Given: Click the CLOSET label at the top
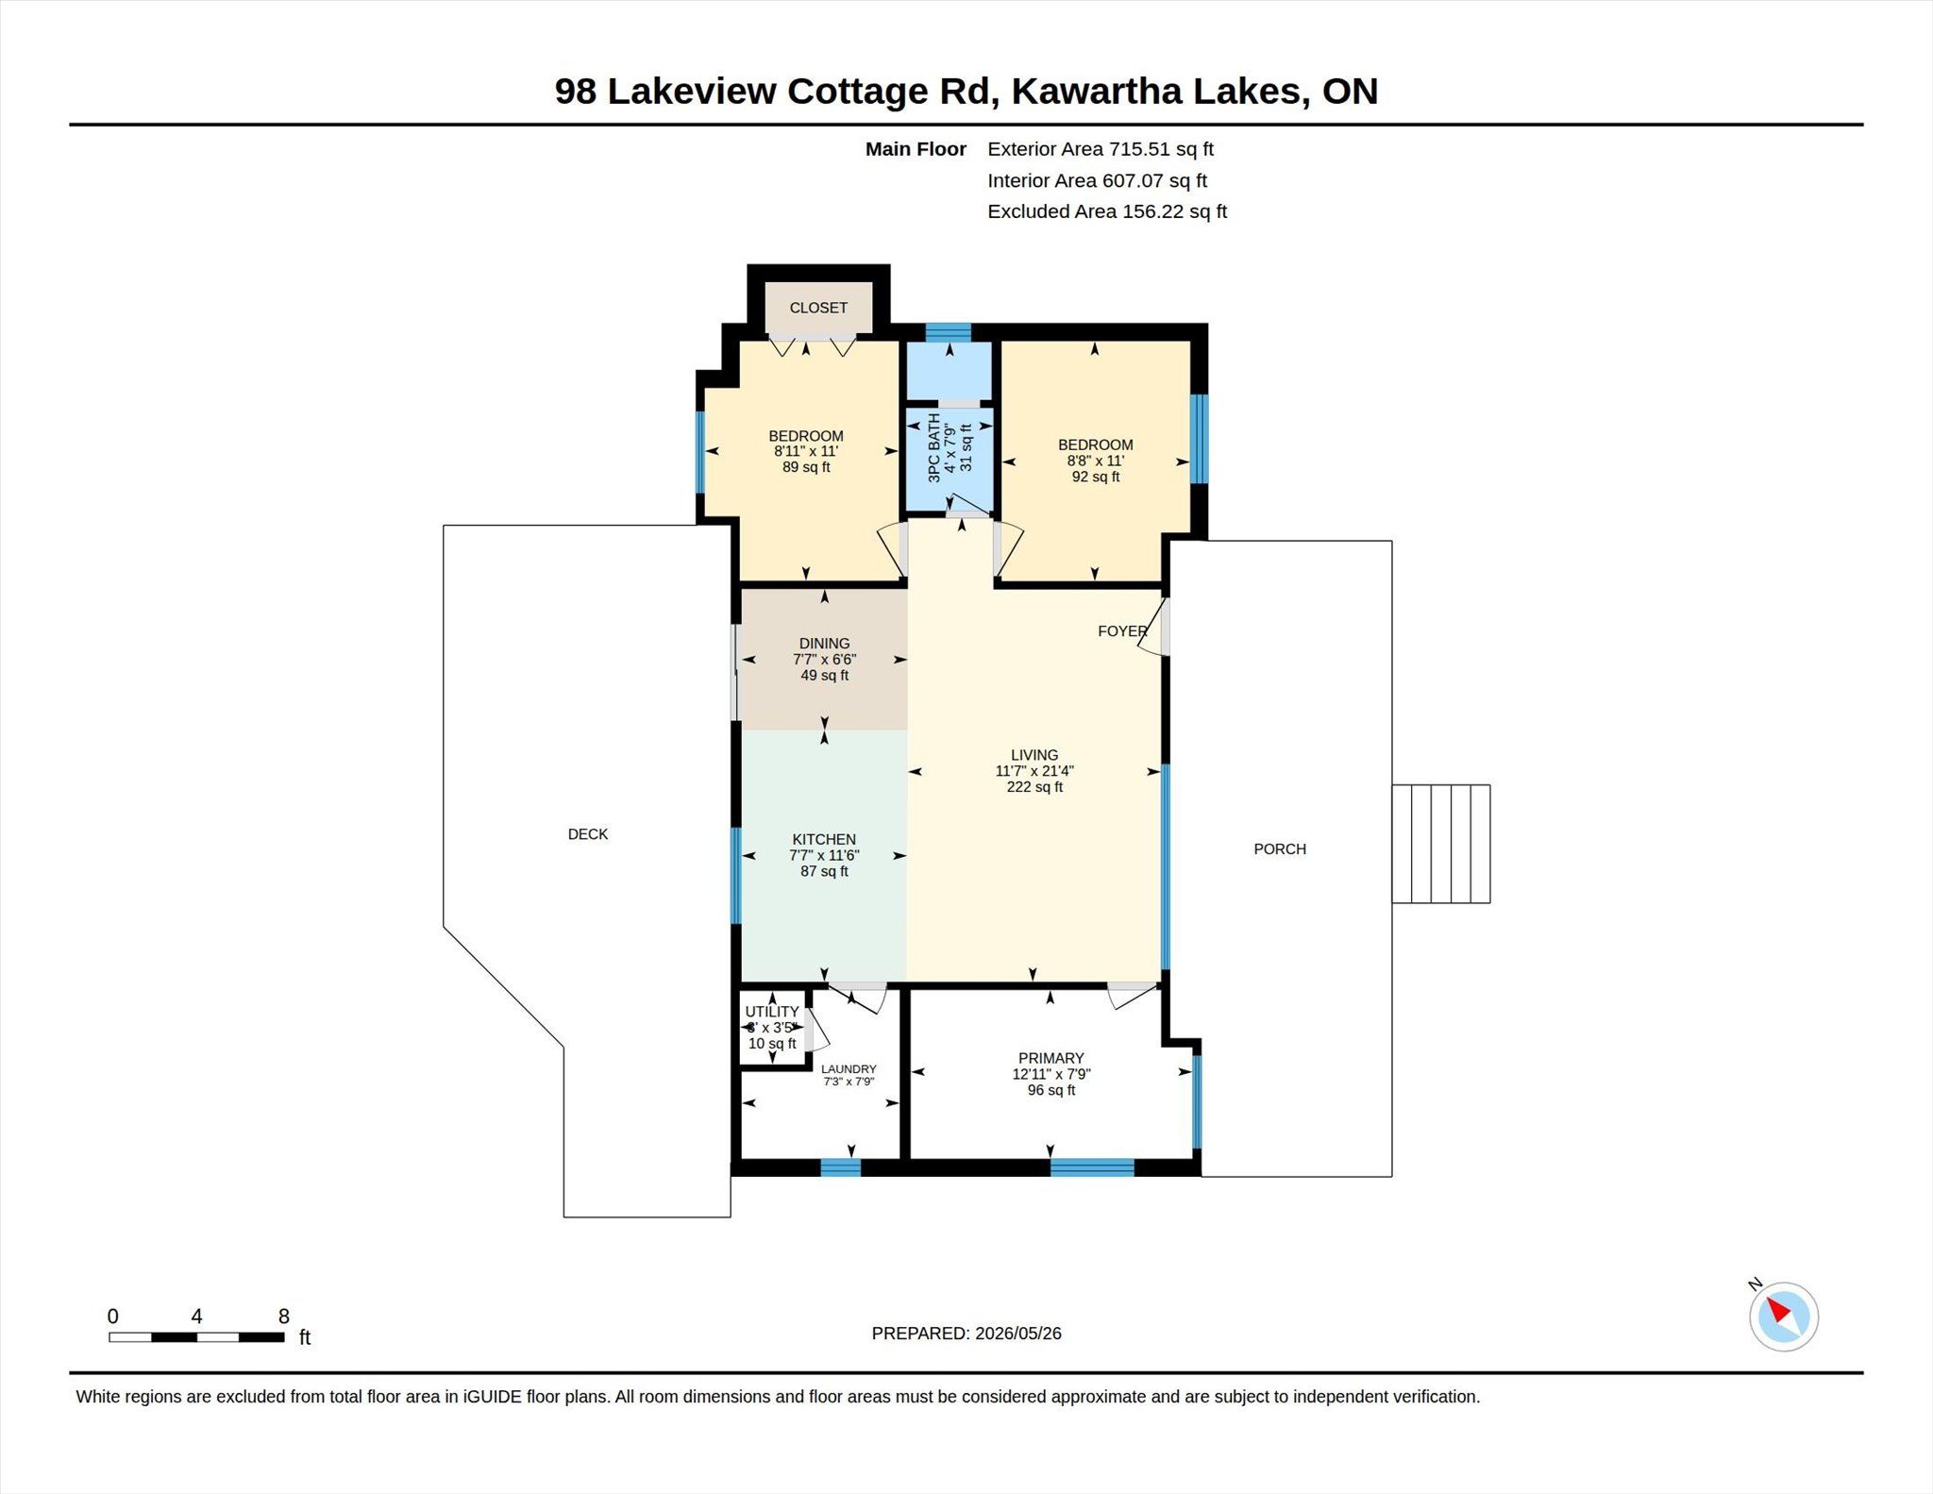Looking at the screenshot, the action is [818, 308].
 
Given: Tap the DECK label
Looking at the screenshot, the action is [588, 834].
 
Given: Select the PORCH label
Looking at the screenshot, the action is [1280, 849].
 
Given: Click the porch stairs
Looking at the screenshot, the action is [1441, 844].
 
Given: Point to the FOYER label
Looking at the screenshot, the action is [1122, 631].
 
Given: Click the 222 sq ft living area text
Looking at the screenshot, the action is [1034, 787].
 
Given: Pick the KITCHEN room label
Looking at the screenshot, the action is [824, 840].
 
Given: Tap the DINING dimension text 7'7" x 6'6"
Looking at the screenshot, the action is [824, 660].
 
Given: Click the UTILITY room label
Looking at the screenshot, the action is [772, 1012].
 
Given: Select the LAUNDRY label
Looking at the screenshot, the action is [849, 1069].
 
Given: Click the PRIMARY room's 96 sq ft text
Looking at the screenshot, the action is [1051, 1090].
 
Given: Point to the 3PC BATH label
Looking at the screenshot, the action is [934, 448].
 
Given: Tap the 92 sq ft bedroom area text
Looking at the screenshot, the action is [1096, 477].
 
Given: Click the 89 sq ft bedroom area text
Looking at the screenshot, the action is [806, 467].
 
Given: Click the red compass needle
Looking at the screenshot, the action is [1778, 1310].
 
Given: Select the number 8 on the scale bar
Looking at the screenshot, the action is [284, 1317].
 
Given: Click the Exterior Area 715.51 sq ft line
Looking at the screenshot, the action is [1101, 149].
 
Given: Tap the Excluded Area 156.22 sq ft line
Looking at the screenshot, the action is [1107, 211].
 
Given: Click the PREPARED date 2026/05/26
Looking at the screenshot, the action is [1018, 1334].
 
